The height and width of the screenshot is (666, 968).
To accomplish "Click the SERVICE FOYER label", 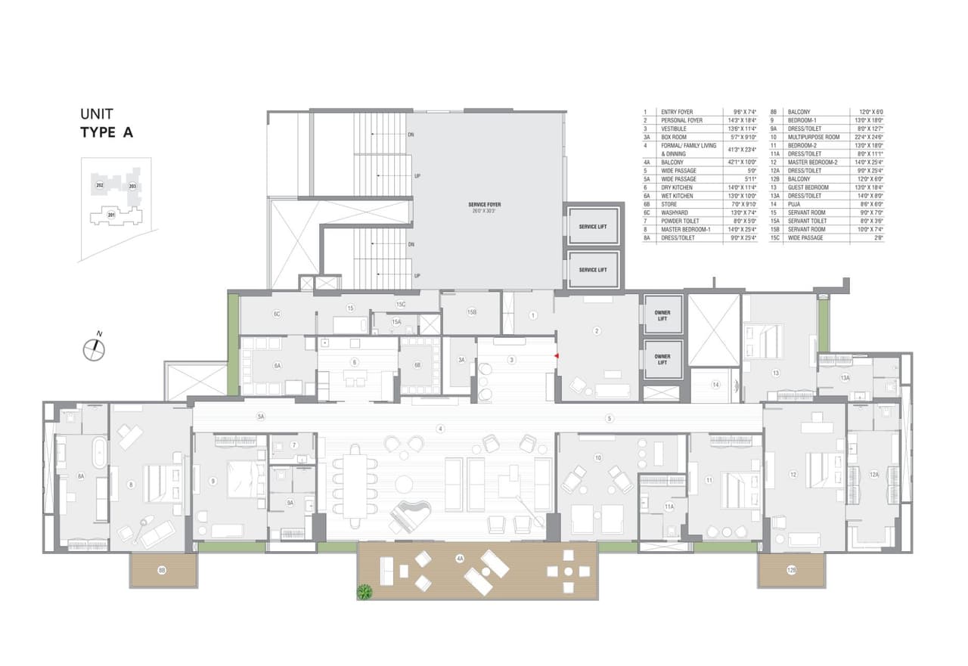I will pos(485,204).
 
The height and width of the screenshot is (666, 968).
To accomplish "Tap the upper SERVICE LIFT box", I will pos(593,226).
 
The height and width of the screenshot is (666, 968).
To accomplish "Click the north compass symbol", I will pos(95,348).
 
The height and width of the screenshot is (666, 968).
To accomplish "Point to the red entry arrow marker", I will pos(557,355).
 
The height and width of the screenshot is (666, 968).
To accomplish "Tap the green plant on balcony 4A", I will pos(366,591).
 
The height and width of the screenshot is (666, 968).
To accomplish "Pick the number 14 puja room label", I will pos(715,385).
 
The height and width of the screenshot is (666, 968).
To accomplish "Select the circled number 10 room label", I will pos(597,458).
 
